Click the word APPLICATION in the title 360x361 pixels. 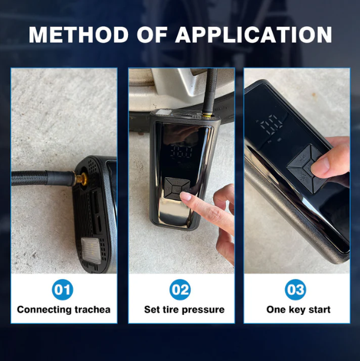[x=254, y=35]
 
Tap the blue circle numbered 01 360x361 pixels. [x=63, y=289]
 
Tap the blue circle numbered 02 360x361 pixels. [x=180, y=289]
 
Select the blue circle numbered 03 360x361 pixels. [x=295, y=289]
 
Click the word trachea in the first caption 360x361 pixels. [x=92, y=310]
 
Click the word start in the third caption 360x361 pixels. [x=319, y=310]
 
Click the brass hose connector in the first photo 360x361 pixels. [x=80, y=178]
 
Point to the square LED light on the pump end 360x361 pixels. [x=91, y=250]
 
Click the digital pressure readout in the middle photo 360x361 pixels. [x=181, y=151]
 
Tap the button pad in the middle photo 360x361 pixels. [x=178, y=189]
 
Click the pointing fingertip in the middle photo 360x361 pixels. [x=185, y=196]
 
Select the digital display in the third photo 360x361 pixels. [x=271, y=125]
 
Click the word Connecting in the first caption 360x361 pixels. [x=44, y=310]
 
